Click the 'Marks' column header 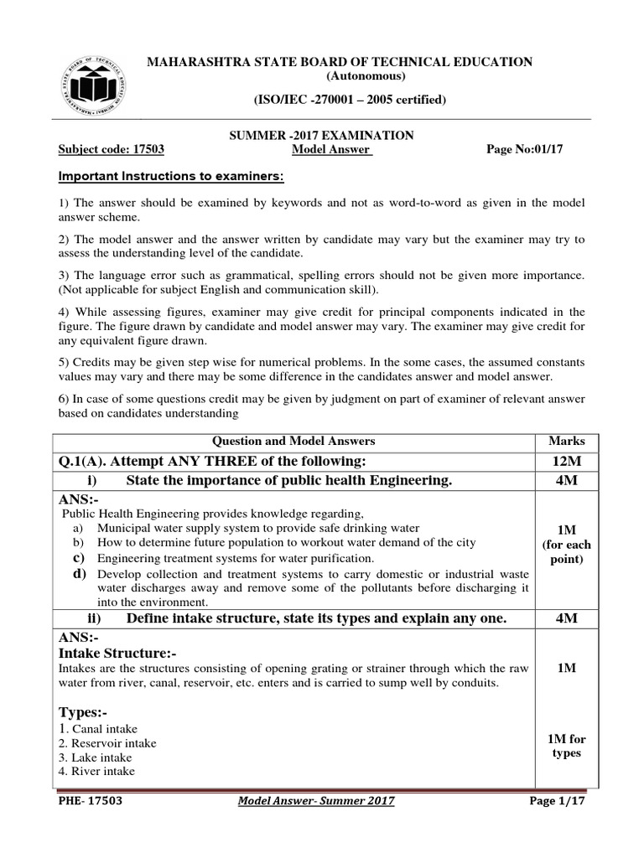567,441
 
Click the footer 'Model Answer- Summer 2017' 316,801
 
